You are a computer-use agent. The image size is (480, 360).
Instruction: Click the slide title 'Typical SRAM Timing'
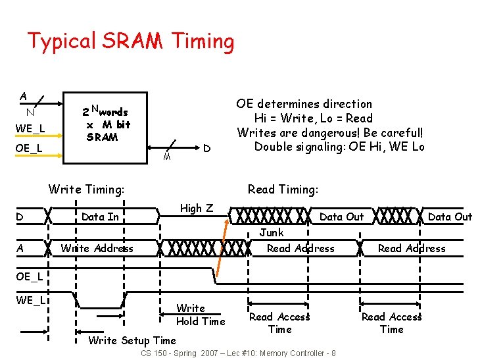coord(130,41)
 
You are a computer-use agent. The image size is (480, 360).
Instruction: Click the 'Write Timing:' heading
coord(86,190)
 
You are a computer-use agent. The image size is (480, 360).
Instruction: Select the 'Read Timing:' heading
coord(283,190)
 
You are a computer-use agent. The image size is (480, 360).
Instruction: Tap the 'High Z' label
coord(196,208)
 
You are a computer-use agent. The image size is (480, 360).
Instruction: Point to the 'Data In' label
coord(100,217)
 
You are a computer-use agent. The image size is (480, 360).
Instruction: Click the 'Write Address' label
coord(97,248)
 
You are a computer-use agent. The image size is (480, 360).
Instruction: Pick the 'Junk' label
coord(271,232)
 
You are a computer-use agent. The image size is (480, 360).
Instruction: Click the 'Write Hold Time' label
coord(200,315)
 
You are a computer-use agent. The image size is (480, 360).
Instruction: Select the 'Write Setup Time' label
coord(132,340)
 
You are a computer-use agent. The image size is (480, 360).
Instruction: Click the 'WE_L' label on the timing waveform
coord(30,300)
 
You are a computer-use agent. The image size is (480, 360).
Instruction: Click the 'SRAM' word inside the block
coord(102,137)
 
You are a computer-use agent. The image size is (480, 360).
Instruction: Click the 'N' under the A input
coord(30,112)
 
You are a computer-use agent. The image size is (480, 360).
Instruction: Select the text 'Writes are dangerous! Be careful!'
coord(331,132)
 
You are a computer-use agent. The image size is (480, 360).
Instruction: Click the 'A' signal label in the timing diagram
coord(20,248)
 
